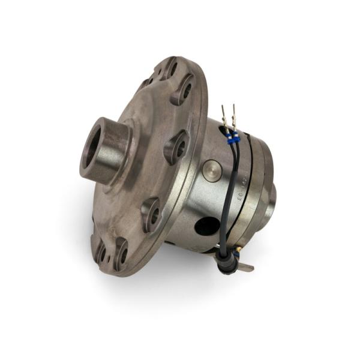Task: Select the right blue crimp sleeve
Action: point(236,137)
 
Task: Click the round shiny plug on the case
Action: point(212,170)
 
